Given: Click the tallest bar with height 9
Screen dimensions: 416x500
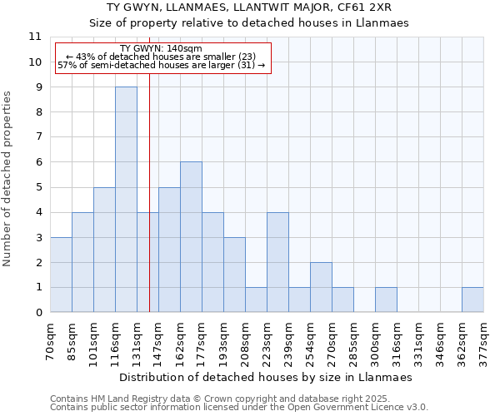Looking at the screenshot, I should (x=126, y=200).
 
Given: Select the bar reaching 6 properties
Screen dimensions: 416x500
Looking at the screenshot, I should (x=191, y=237).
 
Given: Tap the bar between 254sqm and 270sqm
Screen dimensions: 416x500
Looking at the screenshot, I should (x=321, y=287).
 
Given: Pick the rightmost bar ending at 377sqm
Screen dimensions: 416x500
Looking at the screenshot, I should (x=472, y=300).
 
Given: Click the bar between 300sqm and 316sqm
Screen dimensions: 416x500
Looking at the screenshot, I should (x=386, y=300).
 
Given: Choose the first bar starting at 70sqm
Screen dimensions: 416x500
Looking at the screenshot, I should (x=61, y=275).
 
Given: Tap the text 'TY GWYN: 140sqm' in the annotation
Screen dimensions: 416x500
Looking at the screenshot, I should (x=161, y=49).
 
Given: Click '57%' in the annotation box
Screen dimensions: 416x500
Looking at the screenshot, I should (x=67, y=65).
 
